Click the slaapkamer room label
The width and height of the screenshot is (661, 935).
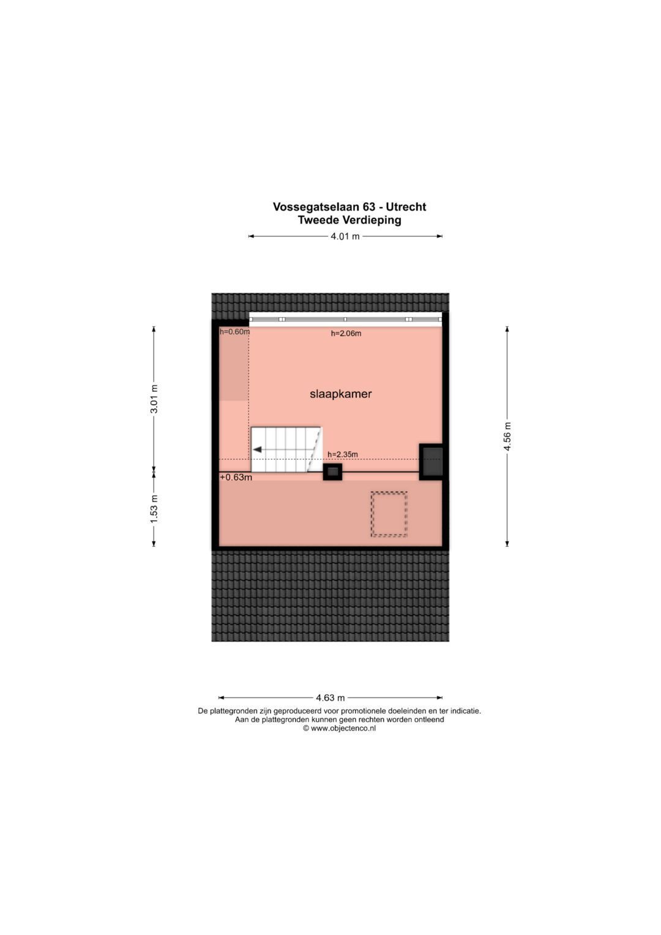tap(340, 394)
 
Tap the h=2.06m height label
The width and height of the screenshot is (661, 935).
tap(346, 334)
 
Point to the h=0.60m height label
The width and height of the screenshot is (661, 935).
tap(235, 332)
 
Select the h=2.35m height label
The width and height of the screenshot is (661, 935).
tap(343, 454)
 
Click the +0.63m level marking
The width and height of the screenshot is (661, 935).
tap(236, 478)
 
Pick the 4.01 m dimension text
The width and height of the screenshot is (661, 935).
tap(345, 236)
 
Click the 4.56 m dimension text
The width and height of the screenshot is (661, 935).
tap(507, 437)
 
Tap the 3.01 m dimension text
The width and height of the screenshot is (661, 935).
tap(154, 399)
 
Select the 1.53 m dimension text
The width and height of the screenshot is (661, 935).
tap(154, 508)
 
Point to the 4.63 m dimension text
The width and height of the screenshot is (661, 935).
tap(330, 697)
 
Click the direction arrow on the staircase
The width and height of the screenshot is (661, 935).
tap(258, 449)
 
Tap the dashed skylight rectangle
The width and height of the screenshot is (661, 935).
tap(389, 514)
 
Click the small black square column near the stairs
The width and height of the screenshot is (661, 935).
tap(332, 471)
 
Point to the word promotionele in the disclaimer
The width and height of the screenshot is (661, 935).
tap(372, 712)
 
